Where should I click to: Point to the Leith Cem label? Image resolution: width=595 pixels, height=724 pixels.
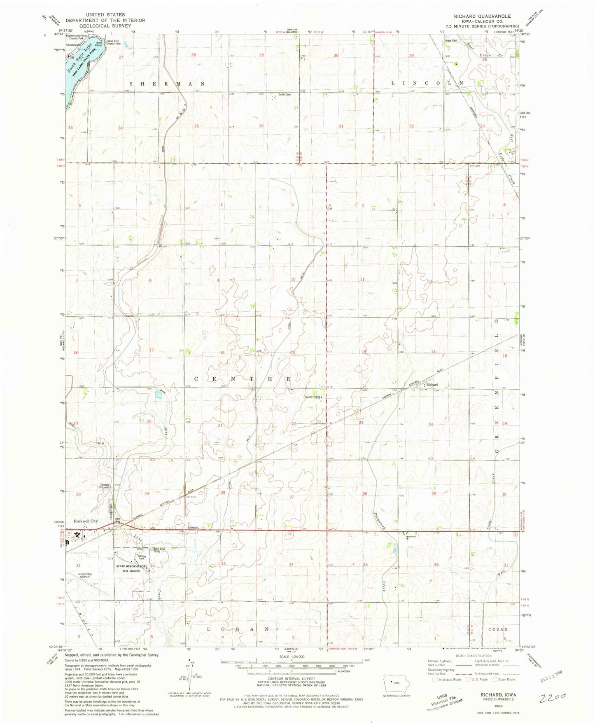(x=285, y=94)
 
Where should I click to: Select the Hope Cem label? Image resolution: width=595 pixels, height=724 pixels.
(x=451, y=41)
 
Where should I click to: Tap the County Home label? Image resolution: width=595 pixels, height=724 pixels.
(x=312, y=397)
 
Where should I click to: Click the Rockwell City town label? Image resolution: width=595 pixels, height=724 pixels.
(x=86, y=521)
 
